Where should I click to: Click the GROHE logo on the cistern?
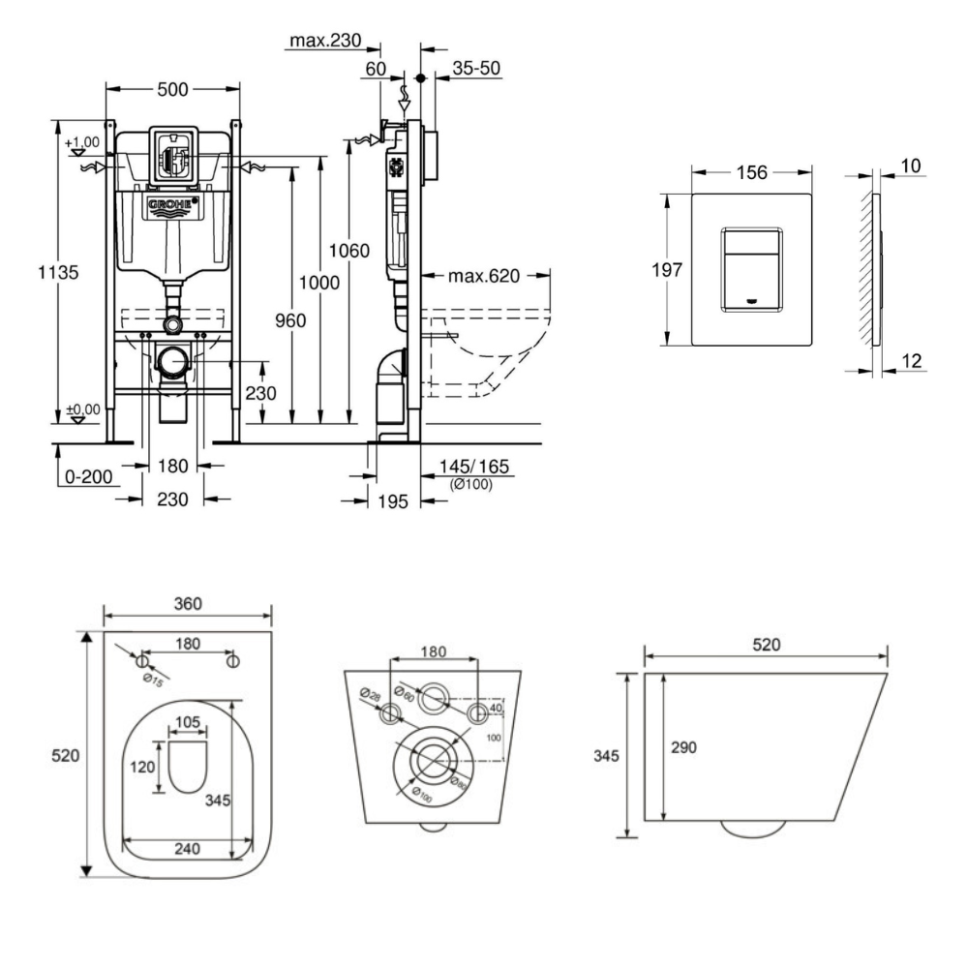point(172,206)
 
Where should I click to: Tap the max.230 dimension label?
point(323,42)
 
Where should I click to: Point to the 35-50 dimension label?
point(477,69)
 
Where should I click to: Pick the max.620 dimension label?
point(485,277)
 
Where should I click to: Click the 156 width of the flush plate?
point(751,173)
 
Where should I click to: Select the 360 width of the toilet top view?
point(187,603)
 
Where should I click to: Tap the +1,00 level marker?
point(82,143)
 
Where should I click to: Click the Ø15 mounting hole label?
point(153,680)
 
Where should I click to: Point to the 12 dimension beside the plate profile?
point(910,361)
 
